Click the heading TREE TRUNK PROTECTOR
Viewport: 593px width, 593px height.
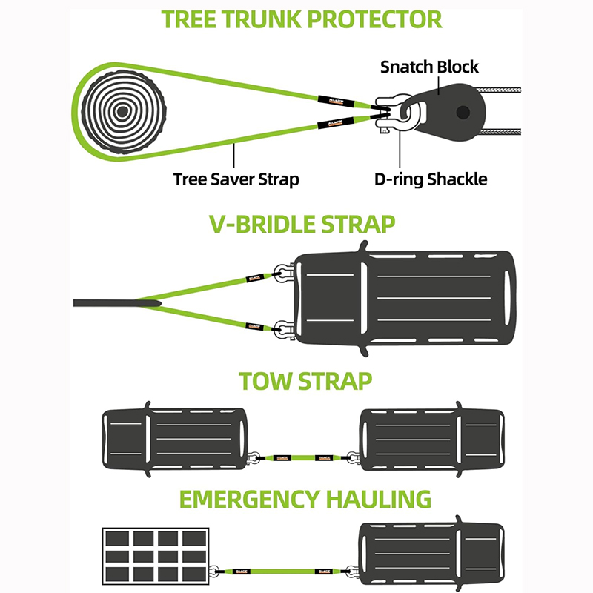tap(302, 18)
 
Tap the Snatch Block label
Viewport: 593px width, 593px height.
tap(429, 67)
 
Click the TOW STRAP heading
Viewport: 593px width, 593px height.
tap(305, 382)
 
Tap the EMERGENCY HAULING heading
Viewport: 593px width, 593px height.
tap(305, 499)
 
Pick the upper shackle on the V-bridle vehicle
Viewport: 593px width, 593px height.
tap(282, 275)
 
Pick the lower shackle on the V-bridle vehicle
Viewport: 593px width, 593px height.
tap(282, 327)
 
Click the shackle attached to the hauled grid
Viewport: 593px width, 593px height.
tap(214, 572)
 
